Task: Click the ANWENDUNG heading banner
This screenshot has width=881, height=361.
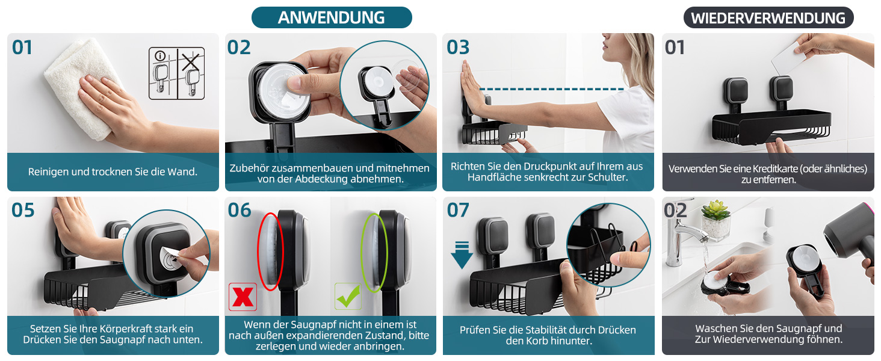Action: click(x=332, y=17)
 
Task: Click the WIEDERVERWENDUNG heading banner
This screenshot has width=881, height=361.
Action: click(x=768, y=17)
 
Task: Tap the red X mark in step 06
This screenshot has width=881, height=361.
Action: click(x=243, y=297)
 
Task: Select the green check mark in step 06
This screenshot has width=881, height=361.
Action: click(x=348, y=296)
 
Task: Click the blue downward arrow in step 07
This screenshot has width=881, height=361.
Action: click(x=462, y=256)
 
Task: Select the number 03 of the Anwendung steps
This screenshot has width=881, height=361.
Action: click(x=458, y=47)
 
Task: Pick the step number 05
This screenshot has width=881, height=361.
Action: click(x=23, y=211)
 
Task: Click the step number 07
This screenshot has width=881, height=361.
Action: click(x=458, y=211)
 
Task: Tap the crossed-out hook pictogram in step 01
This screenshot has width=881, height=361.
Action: click(x=191, y=73)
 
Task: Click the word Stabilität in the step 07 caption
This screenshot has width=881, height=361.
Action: click(x=547, y=330)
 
